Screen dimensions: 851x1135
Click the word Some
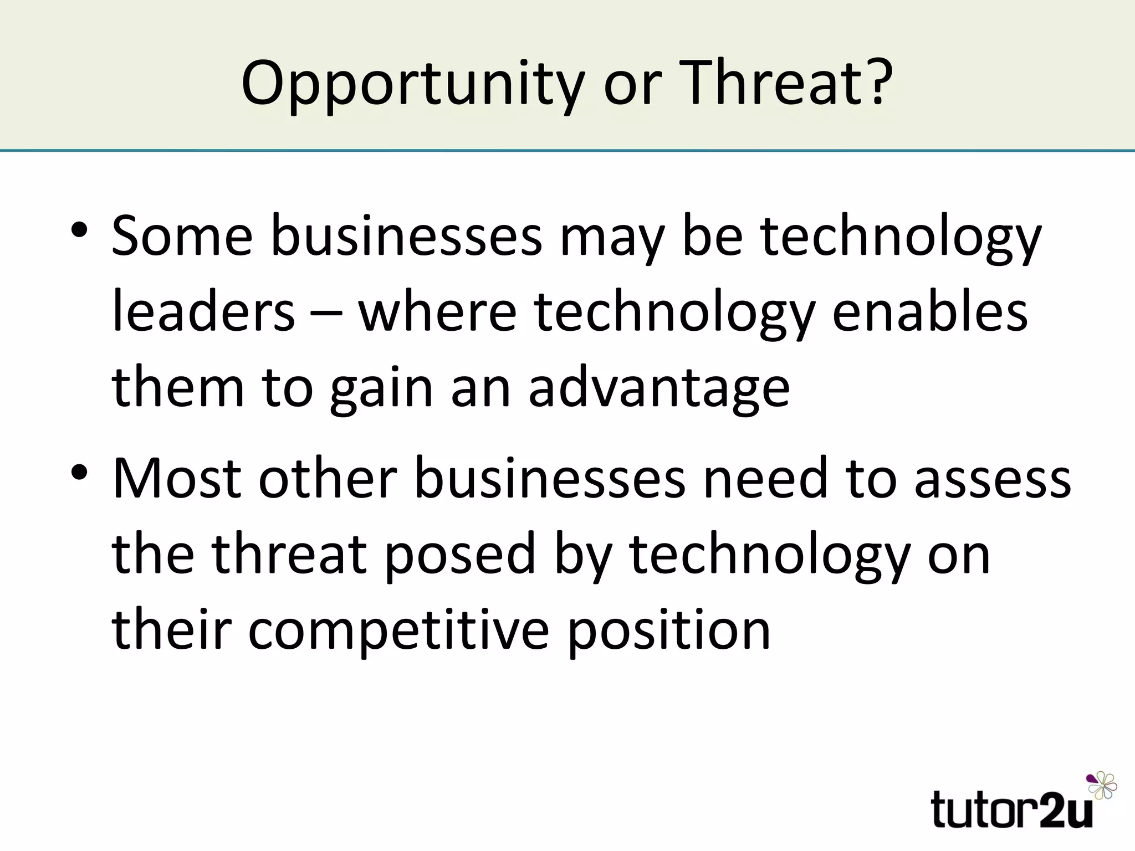182,237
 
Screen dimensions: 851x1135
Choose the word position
669,632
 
